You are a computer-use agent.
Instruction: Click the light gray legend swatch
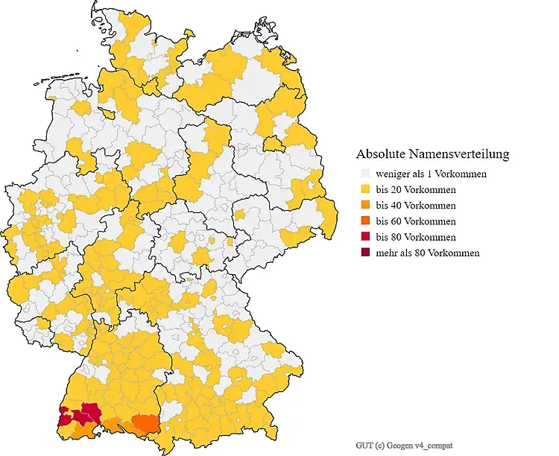(x=365, y=174)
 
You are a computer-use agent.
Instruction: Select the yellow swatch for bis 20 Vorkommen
(x=365, y=189)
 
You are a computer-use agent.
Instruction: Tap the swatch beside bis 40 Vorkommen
(x=365, y=206)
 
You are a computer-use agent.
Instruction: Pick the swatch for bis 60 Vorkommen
(x=365, y=221)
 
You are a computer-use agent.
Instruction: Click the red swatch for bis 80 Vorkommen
(x=365, y=237)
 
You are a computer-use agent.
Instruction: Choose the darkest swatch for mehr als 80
(x=365, y=253)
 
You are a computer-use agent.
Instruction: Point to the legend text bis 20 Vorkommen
(x=416, y=189)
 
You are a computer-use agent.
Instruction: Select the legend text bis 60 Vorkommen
(x=416, y=221)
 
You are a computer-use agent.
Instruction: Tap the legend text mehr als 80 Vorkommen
(x=427, y=253)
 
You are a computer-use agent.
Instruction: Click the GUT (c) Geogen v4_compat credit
(x=403, y=445)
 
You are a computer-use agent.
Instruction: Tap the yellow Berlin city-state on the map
(x=274, y=142)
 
